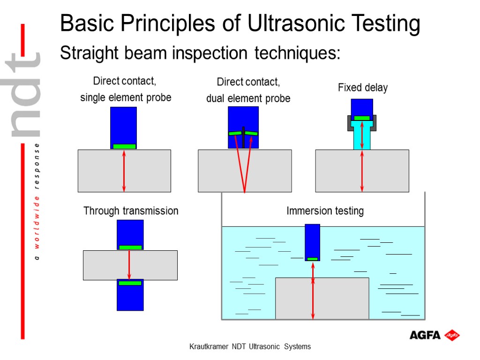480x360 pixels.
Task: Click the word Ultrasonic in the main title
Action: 295,23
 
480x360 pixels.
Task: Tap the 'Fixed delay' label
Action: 363,88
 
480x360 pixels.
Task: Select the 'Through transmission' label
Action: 131,211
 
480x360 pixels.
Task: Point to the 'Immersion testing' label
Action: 325,211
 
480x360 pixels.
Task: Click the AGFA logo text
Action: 425,335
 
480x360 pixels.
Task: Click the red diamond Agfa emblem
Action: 452,335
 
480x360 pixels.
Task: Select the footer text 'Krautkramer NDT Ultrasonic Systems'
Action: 249,347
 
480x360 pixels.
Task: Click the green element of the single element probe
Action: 124,146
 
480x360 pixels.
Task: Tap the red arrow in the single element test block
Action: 124,171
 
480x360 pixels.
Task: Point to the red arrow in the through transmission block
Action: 129,265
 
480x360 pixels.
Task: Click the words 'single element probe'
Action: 126,97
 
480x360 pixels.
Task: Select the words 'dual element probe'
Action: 248,98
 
